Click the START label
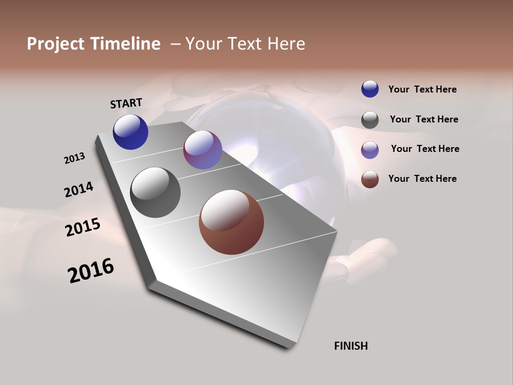pyautogui.click(x=126, y=103)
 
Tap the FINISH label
pyautogui.click(x=351, y=346)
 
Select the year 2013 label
pyautogui.click(x=74, y=158)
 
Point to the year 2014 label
pyautogui.click(x=79, y=190)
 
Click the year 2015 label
pyautogui.click(x=83, y=227)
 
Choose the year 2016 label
pyautogui.click(x=91, y=271)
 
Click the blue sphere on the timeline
pyautogui.click(x=130, y=132)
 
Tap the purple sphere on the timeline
pyautogui.click(x=203, y=150)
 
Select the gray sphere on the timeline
pyautogui.click(x=155, y=192)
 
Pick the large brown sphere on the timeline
pyautogui.click(x=231, y=222)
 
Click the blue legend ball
pyautogui.click(x=370, y=89)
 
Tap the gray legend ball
pyautogui.click(x=370, y=120)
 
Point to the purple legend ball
pyautogui.click(x=370, y=149)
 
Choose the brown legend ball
pyautogui.click(x=370, y=179)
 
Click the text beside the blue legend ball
pyautogui.click(x=422, y=89)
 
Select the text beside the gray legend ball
pyautogui.click(x=424, y=119)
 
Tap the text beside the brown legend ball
pyautogui.click(x=422, y=179)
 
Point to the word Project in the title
pyautogui.click(x=56, y=44)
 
